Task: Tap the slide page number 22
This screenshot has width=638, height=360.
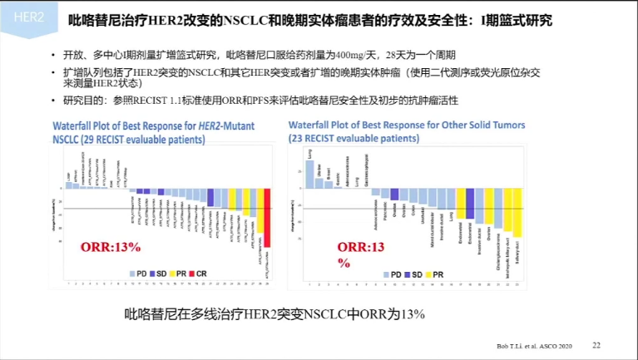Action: point(596,344)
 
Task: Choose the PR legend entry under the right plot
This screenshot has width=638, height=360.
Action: point(443,273)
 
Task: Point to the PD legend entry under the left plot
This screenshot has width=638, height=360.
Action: point(136,273)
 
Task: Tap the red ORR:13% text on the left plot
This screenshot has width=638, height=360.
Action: point(111,247)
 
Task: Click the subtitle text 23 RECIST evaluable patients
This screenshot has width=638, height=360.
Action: point(349,137)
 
